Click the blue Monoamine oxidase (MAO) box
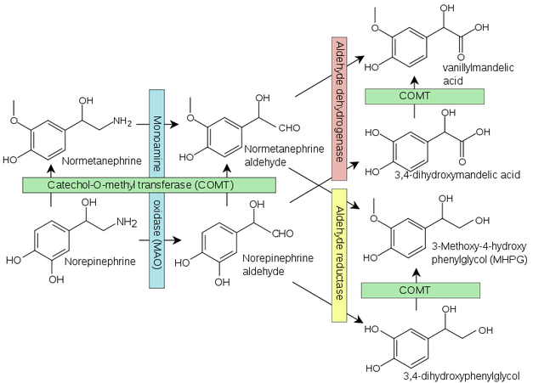pyautogui.click(x=156, y=189)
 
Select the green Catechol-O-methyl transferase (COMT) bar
pyautogui.click(x=149, y=185)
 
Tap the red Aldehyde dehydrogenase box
pyautogui.click(x=339, y=109)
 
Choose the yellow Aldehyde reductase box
pyautogui.click(x=339, y=256)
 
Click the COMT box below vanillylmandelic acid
pyautogui.click(x=424, y=97)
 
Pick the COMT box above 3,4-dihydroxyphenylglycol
pyautogui.click(x=421, y=290)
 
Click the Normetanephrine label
pyautogui.click(x=102, y=161)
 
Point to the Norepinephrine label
pyautogui.click(x=100, y=262)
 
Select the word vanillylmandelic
pyautogui.click(x=478, y=68)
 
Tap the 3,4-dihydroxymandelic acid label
pyautogui.click(x=457, y=175)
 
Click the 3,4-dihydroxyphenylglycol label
pyautogui.click(x=462, y=376)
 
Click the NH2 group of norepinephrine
pyautogui.click(x=127, y=222)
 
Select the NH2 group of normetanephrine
pyautogui.click(x=122, y=121)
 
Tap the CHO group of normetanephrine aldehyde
pyautogui.click(x=289, y=128)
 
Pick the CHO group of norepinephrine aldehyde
pyautogui.click(x=282, y=234)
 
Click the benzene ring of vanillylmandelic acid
pyautogui.click(x=409, y=47)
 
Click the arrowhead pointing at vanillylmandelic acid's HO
pyautogui.click(x=360, y=59)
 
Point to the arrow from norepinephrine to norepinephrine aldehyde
pyautogui.click(x=160, y=240)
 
